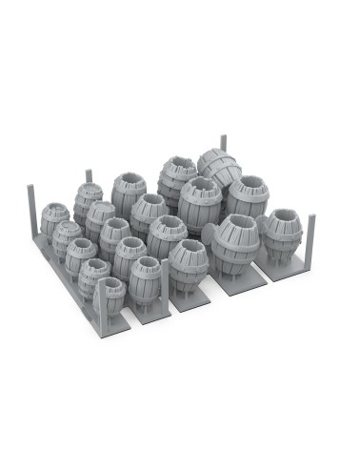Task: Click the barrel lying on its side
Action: click(219, 168)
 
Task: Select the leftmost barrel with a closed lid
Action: click(55, 220)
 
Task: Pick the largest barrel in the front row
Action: click(232, 246)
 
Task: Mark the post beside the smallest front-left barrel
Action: click(99, 305)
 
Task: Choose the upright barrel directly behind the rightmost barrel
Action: click(247, 195)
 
